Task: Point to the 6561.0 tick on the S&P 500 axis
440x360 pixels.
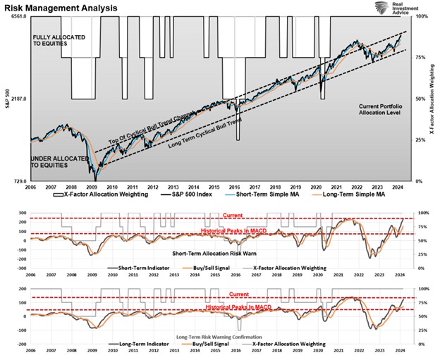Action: [14, 16]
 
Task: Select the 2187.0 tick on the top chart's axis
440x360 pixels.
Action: [16, 99]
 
